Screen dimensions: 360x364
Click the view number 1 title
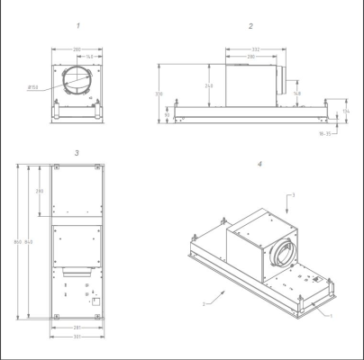click(x=77, y=27)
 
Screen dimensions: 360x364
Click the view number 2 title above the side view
click(x=250, y=27)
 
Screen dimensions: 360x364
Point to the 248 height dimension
click(x=210, y=85)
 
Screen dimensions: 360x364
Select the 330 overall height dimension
click(x=159, y=94)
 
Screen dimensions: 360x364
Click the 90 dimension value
click(x=168, y=115)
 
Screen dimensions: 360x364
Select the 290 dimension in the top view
click(x=41, y=192)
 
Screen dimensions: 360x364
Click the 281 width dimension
click(x=77, y=328)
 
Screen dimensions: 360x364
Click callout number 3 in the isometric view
click(x=292, y=193)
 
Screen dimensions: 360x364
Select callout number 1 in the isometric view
click(x=330, y=316)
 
